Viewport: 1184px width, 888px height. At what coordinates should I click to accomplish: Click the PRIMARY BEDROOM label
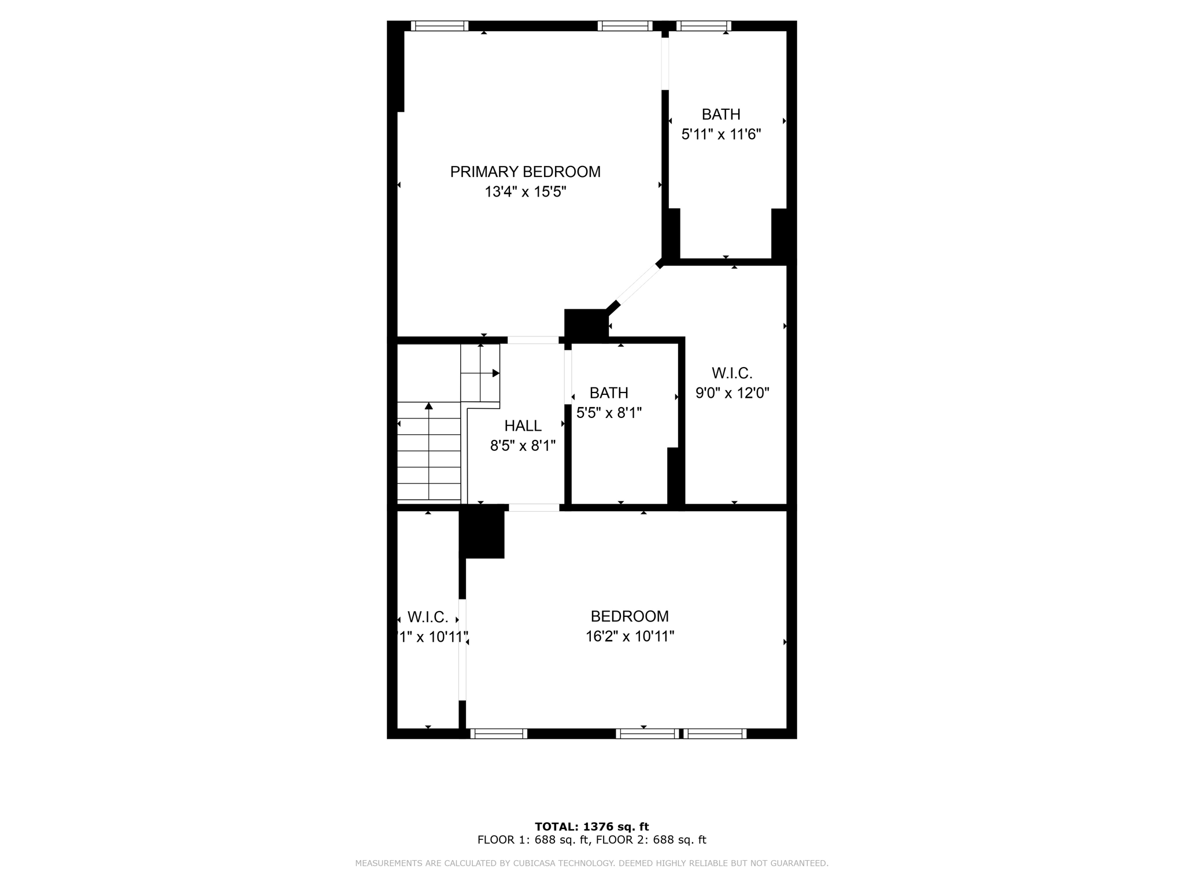click(525, 172)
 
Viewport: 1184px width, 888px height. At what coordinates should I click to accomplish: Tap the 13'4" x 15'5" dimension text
click(525, 192)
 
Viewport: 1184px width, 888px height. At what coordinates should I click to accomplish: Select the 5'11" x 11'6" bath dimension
click(721, 135)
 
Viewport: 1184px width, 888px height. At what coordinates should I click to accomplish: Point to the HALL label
click(523, 426)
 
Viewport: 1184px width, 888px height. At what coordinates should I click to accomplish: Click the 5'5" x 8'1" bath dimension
click(609, 413)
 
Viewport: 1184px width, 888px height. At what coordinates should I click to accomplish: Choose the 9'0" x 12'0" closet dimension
click(732, 393)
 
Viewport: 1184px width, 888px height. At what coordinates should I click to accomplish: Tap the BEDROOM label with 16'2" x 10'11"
click(630, 616)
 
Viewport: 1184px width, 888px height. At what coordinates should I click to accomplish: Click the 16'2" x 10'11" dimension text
click(630, 637)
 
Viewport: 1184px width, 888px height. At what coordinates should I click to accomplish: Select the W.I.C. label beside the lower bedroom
click(428, 617)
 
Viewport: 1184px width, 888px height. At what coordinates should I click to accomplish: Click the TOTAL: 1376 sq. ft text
click(591, 827)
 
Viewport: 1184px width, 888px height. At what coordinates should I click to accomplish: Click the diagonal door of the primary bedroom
click(638, 284)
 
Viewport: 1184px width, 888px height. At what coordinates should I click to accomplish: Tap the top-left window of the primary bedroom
click(439, 26)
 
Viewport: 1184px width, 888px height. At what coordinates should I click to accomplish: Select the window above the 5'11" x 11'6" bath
click(704, 26)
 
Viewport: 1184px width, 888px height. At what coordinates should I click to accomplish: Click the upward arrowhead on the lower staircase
click(428, 406)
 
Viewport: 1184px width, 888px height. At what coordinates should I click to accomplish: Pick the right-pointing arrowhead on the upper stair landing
click(495, 373)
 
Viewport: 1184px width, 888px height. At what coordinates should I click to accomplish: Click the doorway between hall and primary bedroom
click(533, 340)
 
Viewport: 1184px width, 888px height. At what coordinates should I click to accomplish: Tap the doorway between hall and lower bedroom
click(534, 508)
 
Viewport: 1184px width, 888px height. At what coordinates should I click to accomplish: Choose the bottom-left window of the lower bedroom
click(498, 734)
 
